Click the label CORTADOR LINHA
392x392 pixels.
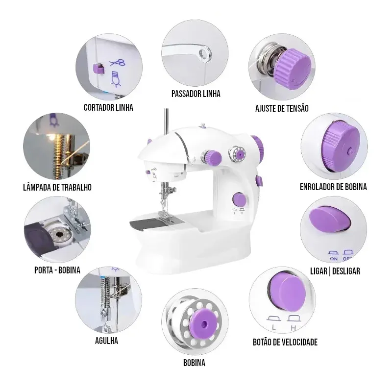click(x=108, y=107)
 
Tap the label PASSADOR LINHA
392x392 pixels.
click(x=196, y=94)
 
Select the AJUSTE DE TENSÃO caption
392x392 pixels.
click(x=282, y=108)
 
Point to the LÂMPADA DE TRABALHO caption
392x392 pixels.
click(x=57, y=187)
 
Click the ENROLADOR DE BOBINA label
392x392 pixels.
click(x=333, y=187)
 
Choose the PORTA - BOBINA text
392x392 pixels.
click(x=57, y=270)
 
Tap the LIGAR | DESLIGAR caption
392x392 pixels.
click(x=335, y=270)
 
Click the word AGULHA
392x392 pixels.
click(x=106, y=341)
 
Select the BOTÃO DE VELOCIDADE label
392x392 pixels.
click(x=285, y=342)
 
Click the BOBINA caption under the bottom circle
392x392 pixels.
click(x=194, y=363)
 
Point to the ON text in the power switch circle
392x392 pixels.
click(x=334, y=258)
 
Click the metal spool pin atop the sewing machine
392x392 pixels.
click(x=166, y=120)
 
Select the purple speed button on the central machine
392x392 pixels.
click(x=239, y=199)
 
